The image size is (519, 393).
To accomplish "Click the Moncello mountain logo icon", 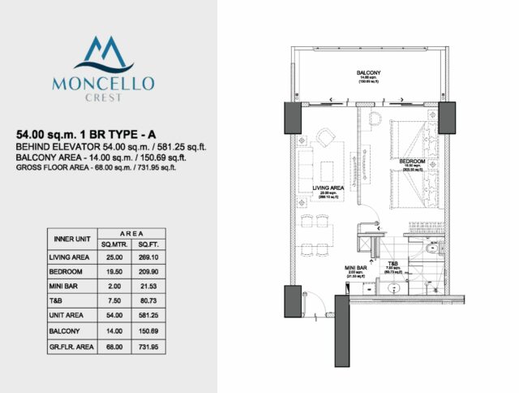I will [x=106, y=54].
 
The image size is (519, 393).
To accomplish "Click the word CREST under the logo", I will [x=106, y=96].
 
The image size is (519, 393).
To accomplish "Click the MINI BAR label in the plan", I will [x=357, y=266].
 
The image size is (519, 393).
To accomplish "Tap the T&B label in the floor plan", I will [x=392, y=263].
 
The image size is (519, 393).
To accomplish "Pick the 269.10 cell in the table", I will [x=148, y=258].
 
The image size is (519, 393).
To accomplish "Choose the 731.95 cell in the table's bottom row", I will [x=148, y=348].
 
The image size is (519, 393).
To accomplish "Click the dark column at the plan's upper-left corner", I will [x=292, y=119].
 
